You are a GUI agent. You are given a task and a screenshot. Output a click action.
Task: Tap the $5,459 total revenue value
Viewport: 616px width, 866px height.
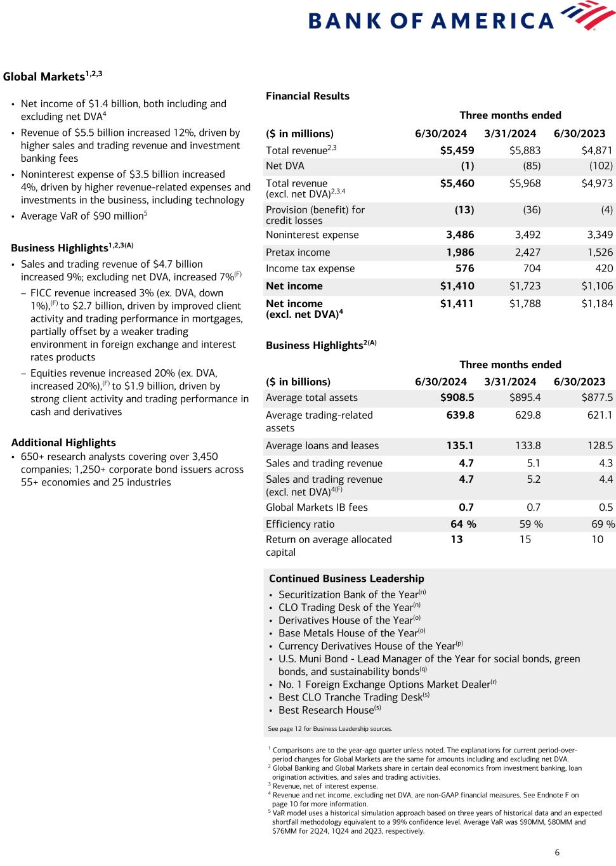pyautogui.click(x=457, y=150)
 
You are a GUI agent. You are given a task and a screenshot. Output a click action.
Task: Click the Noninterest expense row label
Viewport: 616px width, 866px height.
pyautogui.click(x=312, y=235)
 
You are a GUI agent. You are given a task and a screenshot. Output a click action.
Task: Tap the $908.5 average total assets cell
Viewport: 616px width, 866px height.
pyautogui.click(x=457, y=398)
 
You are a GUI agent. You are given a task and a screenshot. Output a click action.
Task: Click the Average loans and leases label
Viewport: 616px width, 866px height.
pyautogui.click(x=322, y=446)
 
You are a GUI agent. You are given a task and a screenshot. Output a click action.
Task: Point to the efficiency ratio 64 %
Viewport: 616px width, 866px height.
pyautogui.click(x=463, y=524)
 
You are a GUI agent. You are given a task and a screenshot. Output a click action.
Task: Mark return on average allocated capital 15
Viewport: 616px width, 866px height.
pyautogui.click(x=525, y=540)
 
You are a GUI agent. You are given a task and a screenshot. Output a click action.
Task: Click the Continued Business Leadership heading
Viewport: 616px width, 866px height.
pyautogui.click(x=346, y=579)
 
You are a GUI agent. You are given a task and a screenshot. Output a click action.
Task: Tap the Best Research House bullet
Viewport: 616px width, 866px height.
pyautogui.click(x=329, y=711)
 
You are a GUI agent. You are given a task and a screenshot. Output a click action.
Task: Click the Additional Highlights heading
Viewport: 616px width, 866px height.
pyautogui.click(x=63, y=443)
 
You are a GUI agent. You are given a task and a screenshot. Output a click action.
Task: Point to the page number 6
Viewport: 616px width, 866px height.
pyautogui.click(x=557, y=853)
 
